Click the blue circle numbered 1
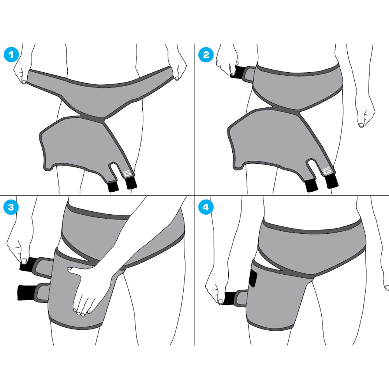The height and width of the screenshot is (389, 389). pyautogui.click(x=11, y=54)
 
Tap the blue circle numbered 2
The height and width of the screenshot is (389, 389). pyautogui.click(x=206, y=54)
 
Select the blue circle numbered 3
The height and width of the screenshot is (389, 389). pyautogui.click(x=11, y=207)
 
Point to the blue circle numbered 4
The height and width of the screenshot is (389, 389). pyautogui.click(x=206, y=207)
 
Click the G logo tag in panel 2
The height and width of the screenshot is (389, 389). pyautogui.click(x=327, y=171)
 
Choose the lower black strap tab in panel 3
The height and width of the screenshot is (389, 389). pyautogui.click(x=27, y=293)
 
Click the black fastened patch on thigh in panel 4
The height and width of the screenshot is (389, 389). pyautogui.click(x=253, y=278)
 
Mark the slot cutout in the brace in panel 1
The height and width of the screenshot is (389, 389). pyautogui.click(x=114, y=171)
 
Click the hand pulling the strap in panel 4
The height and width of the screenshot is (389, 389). pyautogui.click(x=216, y=290)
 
